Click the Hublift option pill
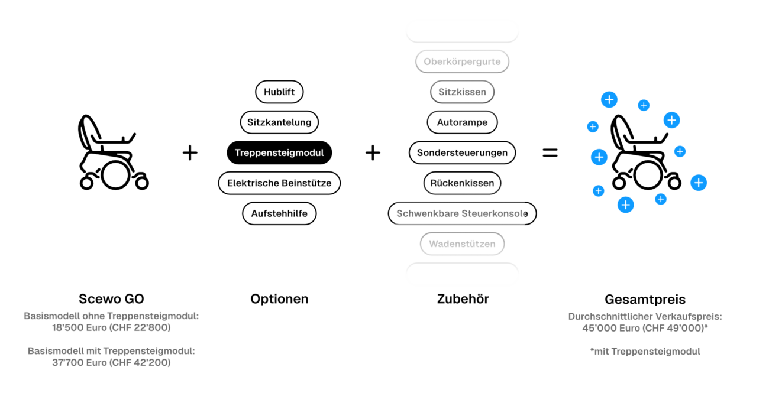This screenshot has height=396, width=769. tap(279, 92)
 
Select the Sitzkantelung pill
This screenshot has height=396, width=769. tap(279, 122)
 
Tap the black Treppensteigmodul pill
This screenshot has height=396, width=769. tap(279, 152)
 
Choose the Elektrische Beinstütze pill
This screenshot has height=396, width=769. tap(279, 183)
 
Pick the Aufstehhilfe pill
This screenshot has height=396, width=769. tap(279, 213)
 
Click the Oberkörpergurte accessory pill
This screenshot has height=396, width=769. tap(462, 61)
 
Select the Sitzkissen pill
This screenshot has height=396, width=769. tap(462, 92)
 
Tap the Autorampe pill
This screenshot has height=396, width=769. tap(462, 122)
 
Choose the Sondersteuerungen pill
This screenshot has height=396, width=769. tap(462, 152)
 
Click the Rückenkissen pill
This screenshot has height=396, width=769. tap(462, 183)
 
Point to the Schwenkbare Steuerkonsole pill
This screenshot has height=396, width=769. tap(462, 213)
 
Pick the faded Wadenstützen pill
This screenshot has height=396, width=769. tap(462, 244)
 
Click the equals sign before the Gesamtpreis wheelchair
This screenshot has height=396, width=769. tap(550, 152)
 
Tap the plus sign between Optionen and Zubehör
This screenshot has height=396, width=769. tap(373, 152)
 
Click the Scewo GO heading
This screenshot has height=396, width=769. tap(111, 299)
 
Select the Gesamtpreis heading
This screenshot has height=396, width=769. tap(645, 299)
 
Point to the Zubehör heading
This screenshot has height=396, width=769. tap(463, 299)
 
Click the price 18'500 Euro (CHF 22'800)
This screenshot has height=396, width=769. tap(111, 327)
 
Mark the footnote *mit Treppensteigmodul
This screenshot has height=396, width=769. tap(645, 352)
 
